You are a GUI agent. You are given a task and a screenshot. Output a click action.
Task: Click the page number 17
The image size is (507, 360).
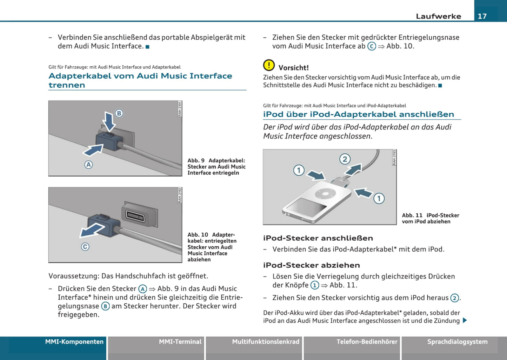(x=482, y=16)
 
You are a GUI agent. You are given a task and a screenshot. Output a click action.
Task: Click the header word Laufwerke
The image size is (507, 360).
(x=438, y=16)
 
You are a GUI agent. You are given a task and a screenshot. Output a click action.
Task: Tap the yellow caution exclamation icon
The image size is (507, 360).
(x=269, y=65)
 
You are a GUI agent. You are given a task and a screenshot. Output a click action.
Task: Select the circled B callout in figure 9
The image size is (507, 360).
(x=119, y=113)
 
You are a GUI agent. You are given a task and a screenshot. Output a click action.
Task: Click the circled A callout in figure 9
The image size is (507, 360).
(x=88, y=165)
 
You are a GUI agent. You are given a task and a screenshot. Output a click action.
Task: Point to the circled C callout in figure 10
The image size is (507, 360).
(x=85, y=247)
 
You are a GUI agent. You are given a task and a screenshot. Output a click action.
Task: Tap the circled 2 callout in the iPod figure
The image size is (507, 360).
(x=345, y=159)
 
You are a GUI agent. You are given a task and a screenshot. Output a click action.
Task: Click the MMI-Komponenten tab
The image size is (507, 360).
(x=74, y=342)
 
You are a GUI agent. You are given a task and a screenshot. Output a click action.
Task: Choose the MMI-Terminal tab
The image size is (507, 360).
(x=180, y=342)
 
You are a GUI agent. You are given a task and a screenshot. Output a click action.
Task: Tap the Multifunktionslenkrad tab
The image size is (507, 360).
(x=266, y=342)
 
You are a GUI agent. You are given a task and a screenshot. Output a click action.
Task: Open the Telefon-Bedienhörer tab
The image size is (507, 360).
(x=367, y=342)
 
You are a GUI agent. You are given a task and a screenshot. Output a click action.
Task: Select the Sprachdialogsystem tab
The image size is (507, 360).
(x=457, y=342)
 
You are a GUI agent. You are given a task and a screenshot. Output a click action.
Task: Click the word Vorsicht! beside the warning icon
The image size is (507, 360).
(x=294, y=68)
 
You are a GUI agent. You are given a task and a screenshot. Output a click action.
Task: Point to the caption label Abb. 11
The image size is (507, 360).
(x=412, y=215)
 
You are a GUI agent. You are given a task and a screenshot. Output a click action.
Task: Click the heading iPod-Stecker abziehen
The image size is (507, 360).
(x=312, y=265)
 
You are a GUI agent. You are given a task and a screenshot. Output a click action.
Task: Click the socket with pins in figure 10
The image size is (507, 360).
(x=135, y=215)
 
